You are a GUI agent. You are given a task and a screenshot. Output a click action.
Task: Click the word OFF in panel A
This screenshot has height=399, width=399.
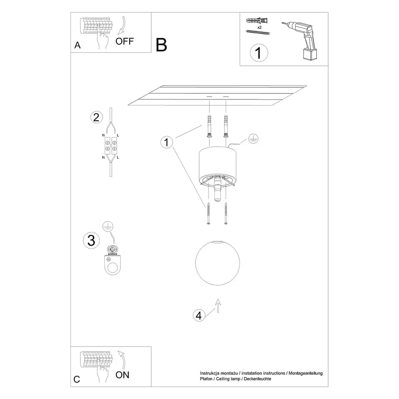(124, 41)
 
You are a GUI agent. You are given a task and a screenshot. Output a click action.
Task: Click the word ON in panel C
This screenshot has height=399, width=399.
(122, 375)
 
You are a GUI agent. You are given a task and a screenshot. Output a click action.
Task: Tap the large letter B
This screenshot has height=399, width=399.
(161, 45)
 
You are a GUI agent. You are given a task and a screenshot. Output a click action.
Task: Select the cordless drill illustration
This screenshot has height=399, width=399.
(301, 41)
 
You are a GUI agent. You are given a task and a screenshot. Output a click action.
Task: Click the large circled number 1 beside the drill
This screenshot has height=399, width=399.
(259, 53)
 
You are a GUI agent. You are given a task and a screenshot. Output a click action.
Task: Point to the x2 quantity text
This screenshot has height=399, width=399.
(259, 27)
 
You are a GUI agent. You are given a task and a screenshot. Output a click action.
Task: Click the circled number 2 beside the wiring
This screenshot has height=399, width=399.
(96, 118)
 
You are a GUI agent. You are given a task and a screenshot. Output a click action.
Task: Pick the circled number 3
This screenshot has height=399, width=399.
(91, 240)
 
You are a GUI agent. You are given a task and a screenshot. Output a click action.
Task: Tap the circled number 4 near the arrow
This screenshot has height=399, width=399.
(199, 316)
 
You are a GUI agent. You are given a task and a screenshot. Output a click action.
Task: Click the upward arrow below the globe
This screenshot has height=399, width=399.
(218, 306)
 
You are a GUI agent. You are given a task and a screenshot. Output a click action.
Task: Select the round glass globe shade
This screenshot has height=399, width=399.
(217, 263)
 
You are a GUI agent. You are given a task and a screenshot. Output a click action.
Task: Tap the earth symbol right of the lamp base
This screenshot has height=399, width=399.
(253, 139)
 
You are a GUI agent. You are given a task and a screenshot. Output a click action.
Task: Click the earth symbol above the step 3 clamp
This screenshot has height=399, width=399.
(108, 226)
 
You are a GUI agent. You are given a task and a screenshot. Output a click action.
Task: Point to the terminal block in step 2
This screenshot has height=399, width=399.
(111, 146)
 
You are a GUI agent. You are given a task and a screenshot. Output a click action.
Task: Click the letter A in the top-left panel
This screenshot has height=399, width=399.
(77, 45)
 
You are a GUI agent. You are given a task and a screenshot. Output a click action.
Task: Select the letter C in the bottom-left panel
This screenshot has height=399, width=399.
(77, 380)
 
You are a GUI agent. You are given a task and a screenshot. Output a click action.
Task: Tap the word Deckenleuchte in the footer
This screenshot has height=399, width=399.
(257, 379)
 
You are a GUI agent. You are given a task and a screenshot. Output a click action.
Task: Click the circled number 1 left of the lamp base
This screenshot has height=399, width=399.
(167, 142)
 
